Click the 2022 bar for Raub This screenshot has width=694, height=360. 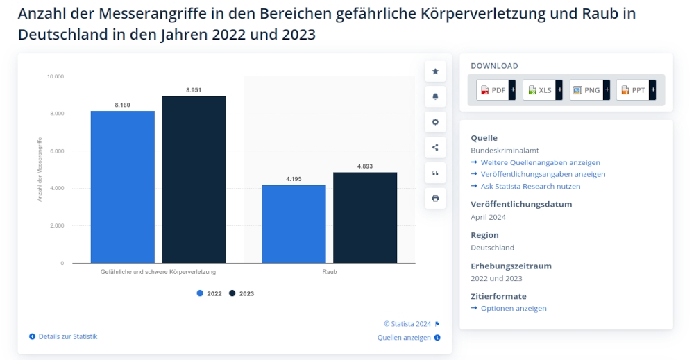(294, 223)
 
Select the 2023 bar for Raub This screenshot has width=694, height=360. (365, 217)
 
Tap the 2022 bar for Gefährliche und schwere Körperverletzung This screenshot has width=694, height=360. (122, 187)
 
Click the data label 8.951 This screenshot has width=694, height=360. (194, 90)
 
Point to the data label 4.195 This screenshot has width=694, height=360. (294, 179)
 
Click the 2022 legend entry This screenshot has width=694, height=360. (210, 293)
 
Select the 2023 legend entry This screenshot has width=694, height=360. (242, 293)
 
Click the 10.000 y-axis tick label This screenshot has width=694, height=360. (55, 76)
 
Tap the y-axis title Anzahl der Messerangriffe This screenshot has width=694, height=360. (40, 169)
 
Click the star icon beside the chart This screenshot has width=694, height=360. (435, 71)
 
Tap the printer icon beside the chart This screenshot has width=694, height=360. (435, 198)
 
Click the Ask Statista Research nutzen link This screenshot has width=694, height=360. (530, 186)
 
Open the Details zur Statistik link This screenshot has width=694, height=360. (67, 336)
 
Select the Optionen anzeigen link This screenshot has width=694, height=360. (514, 308)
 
